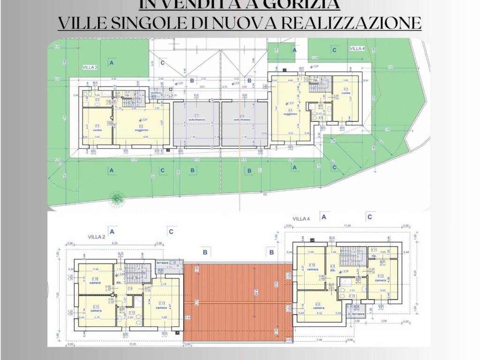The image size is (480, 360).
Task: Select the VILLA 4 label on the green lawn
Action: [357, 48]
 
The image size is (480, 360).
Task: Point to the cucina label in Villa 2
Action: [97, 130]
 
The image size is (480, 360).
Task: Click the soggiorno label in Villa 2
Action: [142, 130]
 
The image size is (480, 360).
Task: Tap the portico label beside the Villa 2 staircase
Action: [156, 92]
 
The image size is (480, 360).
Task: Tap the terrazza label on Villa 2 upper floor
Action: [163, 262]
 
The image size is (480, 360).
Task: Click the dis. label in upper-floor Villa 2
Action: [120, 282]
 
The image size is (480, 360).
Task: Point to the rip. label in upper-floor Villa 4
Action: [374, 256]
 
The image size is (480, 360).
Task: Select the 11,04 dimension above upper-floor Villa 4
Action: [347, 226]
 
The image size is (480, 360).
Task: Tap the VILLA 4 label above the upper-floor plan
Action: [301, 219]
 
